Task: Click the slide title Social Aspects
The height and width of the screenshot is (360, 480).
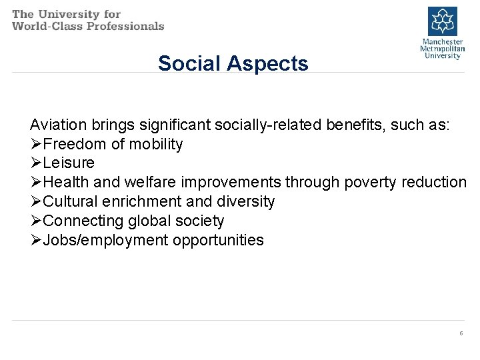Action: (233, 63)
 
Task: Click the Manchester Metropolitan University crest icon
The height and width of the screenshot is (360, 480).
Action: (442, 21)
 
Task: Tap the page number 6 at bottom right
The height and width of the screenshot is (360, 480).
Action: (461, 333)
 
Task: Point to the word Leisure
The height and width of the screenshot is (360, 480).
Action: (69, 163)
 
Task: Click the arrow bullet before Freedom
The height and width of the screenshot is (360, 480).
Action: (36, 144)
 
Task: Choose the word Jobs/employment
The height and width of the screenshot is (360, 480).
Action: (105, 240)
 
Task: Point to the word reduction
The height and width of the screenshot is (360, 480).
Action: (436, 182)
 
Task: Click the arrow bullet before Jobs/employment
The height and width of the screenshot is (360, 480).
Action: (36, 240)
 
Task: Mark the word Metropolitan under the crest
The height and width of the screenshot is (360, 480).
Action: (442, 49)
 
